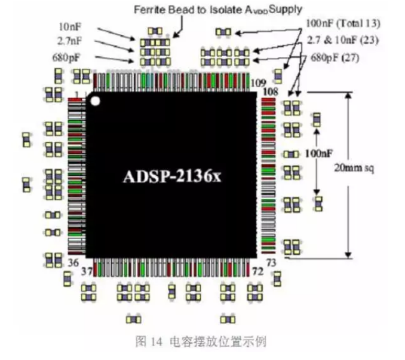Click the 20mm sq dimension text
(357, 168)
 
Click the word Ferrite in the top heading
(149, 9)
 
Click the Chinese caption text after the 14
(215, 341)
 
